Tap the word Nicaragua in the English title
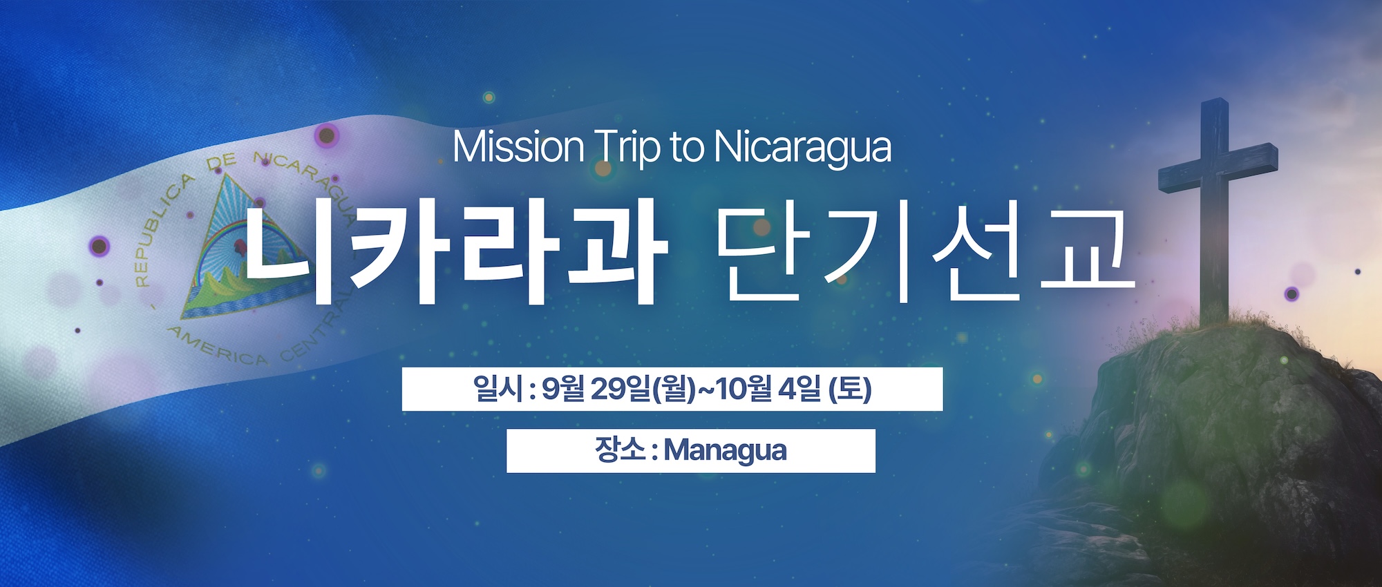coord(802,148)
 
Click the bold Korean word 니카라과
coord(454,255)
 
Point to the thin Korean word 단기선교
coord(925,253)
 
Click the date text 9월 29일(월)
coord(618,389)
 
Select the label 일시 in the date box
coord(496,389)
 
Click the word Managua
coord(725,451)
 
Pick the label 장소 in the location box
coord(619,450)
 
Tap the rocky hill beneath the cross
coord(1216,442)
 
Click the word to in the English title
coord(686,148)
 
